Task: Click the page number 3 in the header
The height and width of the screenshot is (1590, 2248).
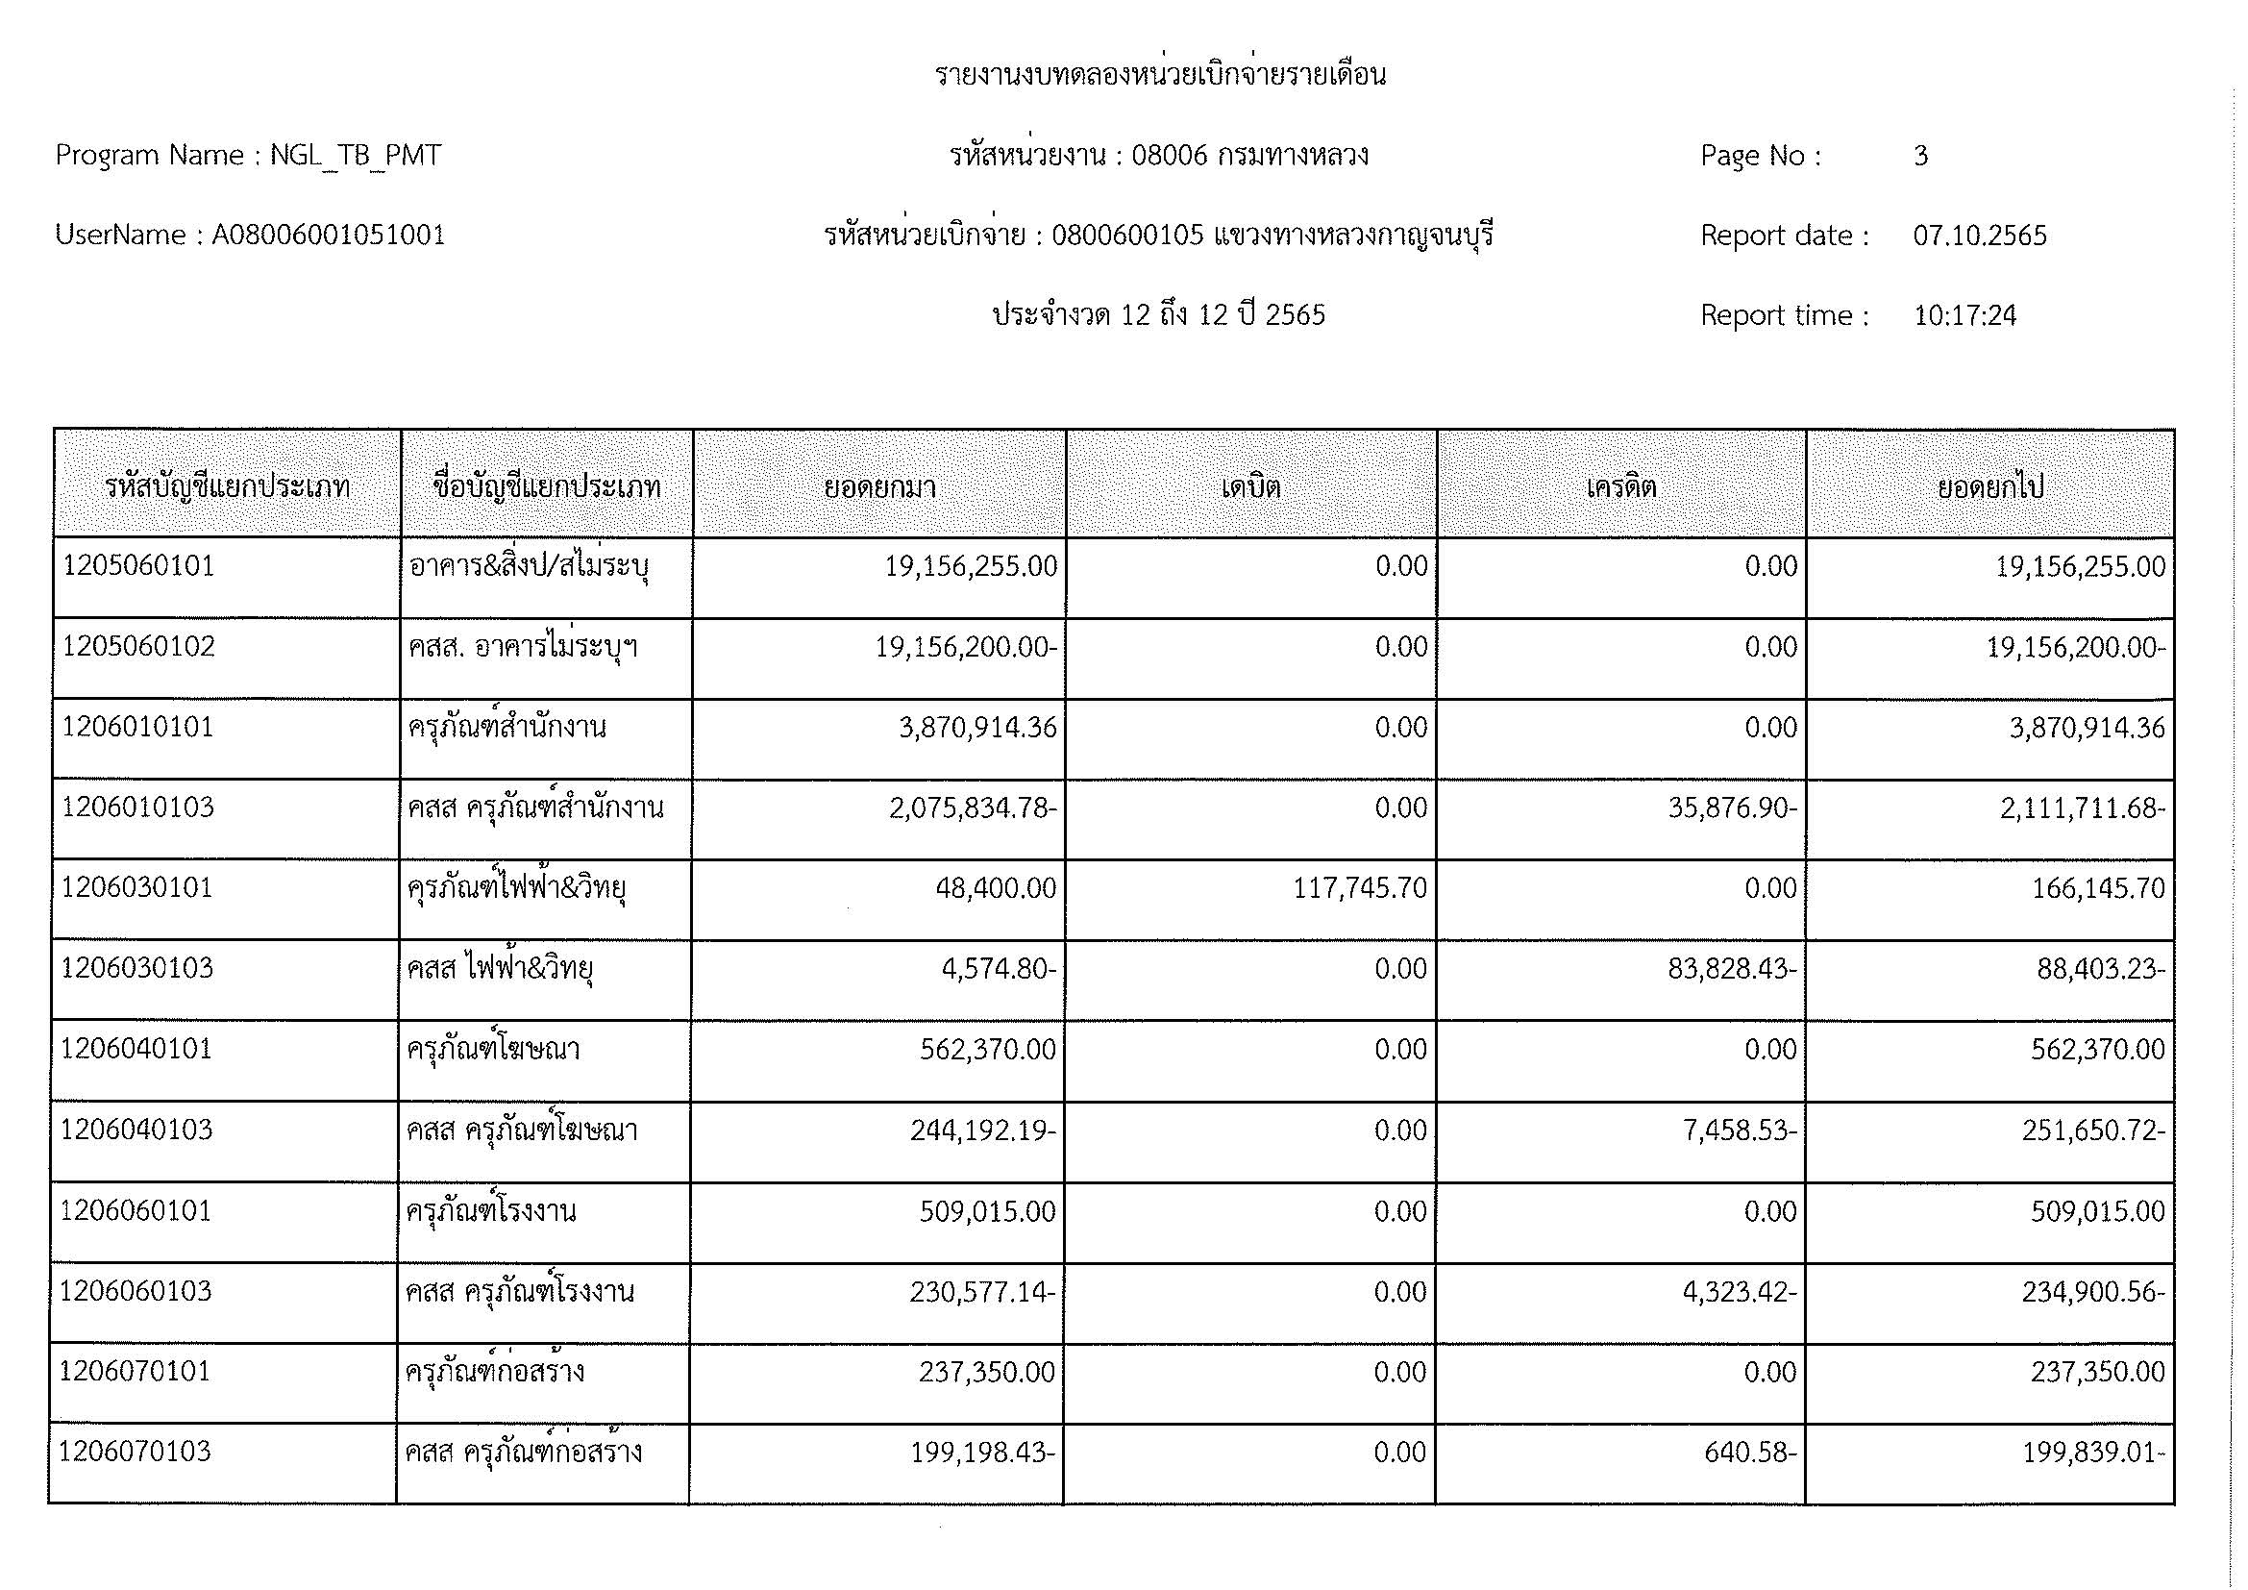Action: (1920, 156)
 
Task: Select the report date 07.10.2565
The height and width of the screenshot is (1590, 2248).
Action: (1980, 236)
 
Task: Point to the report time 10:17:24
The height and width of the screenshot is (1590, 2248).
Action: (1965, 316)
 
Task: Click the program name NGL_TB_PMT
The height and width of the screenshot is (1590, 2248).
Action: (356, 156)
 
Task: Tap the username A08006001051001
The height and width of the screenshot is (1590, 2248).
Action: (329, 236)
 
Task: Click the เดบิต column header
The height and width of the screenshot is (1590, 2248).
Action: (1250, 486)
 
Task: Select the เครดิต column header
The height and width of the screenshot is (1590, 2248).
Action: (1621, 486)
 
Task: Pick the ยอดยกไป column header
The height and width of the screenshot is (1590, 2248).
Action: (1990, 486)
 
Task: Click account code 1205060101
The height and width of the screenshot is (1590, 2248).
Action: (139, 566)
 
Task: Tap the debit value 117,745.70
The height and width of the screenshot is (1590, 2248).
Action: (1361, 888)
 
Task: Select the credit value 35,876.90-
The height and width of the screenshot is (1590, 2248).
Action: (1732, 807)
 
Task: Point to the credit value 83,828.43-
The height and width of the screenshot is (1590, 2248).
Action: (1732, 968)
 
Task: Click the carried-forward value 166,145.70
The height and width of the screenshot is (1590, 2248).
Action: (2097, 889)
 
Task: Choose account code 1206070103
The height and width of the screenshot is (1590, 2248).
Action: (136, 1451)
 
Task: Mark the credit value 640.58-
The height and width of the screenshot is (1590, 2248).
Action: (1749, 1452)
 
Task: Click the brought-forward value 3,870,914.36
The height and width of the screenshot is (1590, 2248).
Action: (978, 728)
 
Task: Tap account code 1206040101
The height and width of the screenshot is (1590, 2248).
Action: (137, 1049)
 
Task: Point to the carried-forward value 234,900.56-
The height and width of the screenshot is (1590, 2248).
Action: (2093, 1292)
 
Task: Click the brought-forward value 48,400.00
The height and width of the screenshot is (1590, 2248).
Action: (996, 888)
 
